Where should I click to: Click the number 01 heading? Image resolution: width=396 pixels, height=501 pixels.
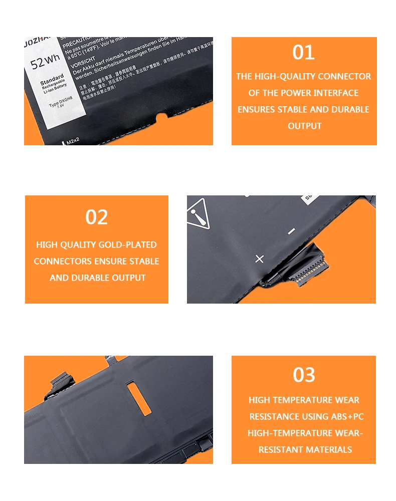304,53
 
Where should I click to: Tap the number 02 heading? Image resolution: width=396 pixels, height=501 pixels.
97,217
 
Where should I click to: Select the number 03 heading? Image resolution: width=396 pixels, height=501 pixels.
304,375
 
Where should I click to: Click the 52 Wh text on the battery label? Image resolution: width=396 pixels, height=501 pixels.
45,63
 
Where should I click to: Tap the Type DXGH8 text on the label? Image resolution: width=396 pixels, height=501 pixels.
61,104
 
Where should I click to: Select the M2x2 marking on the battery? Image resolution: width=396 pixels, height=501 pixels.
74,142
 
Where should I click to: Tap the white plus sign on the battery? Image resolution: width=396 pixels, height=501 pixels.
259,259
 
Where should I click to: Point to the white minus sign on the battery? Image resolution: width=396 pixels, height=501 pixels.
291,231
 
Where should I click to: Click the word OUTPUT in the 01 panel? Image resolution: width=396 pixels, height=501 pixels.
304,126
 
